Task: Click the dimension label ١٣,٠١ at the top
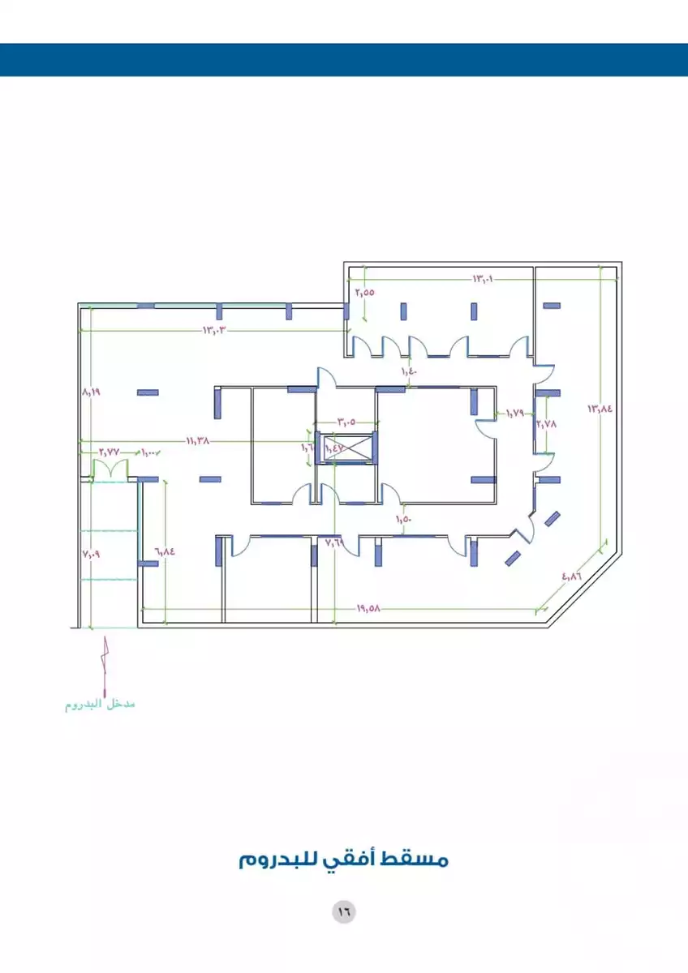point(484,279)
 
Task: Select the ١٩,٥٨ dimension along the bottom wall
point(368,608)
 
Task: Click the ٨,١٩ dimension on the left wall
point(91,391)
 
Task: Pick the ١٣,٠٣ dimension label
point(213,330)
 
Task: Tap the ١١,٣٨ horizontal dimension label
point(198,441)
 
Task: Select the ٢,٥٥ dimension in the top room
point(365,292)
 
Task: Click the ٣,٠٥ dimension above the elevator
point(346,422)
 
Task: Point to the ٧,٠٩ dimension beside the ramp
point(90,554)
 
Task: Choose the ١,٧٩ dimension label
point(515,414)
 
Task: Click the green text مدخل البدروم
point(100,704)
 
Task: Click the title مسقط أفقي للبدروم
point(344,859)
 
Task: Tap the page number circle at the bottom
point(343,911)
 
